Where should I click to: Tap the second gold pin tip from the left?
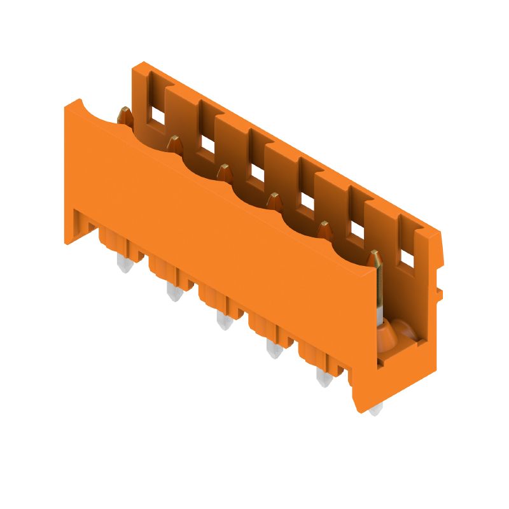point(174,143)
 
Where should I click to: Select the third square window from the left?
point(257,172)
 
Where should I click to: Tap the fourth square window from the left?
point(307,201)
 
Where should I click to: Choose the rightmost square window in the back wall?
point(407,258)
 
